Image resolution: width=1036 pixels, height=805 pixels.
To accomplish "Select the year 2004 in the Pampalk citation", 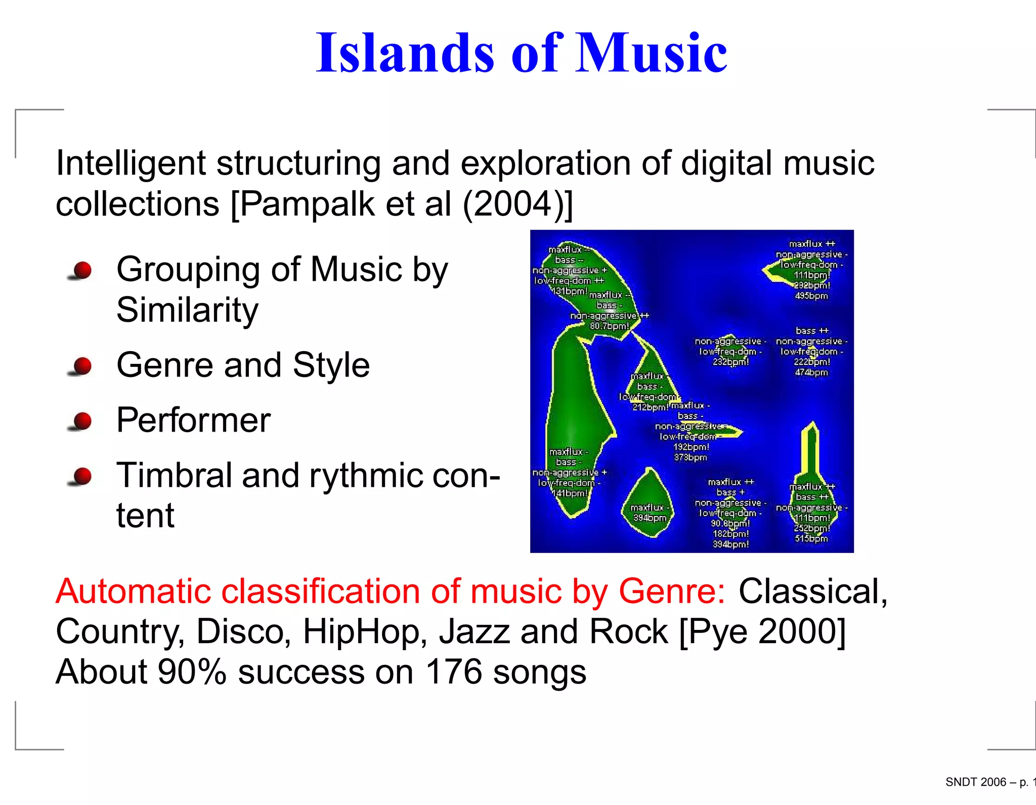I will [512, 204].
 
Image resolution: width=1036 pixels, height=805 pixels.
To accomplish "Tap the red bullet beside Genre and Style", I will [81, 365].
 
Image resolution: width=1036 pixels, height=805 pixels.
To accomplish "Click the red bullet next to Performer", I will [81, 420].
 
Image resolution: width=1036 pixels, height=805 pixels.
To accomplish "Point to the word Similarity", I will [187, 310].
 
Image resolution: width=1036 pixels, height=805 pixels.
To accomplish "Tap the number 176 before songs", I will [454, 672].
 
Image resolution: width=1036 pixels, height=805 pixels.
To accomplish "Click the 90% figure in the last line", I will [192, 672].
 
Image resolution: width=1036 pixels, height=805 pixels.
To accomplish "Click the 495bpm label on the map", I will [811, 296].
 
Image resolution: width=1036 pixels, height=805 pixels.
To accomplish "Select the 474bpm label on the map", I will [811, 372].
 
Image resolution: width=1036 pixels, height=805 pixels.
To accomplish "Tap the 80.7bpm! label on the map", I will [610, 326].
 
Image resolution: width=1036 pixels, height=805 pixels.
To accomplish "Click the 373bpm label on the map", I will [690, 457].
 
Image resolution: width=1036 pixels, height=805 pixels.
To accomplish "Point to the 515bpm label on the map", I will [811, 538].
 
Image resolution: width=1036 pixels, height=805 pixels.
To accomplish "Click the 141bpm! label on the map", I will [570, 493].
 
